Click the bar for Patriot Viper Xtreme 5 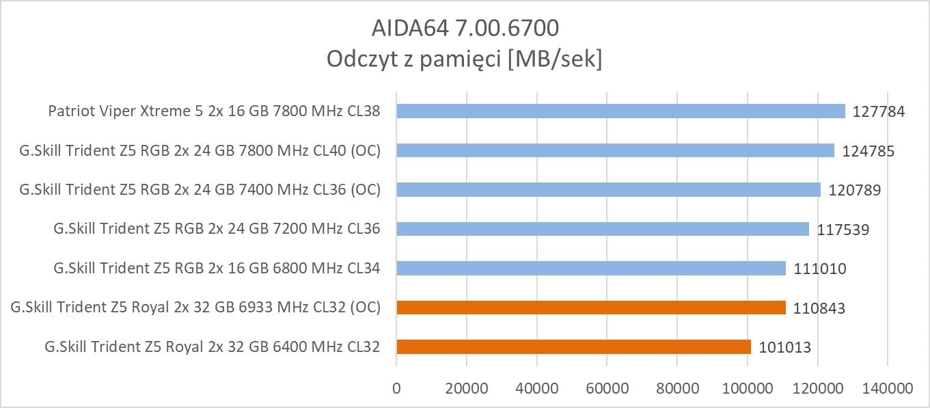pos(620,111)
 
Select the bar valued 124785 pos(615,150)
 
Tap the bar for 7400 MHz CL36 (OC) pos(608,189)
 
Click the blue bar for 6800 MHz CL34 pos(591,268)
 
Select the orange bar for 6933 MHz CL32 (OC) pos(591,308)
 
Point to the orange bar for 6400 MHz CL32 pos(573,347)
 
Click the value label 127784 pos(879,111)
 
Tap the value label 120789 pos(854,190)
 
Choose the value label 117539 pos(843,230)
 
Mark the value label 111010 pos(820,269)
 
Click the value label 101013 pos(784,348)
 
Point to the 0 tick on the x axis pos(396,389)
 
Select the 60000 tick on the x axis pos(607,389)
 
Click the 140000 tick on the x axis pos(887,389)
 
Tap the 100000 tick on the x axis pos(747,389)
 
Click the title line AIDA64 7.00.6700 pos(465,27)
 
